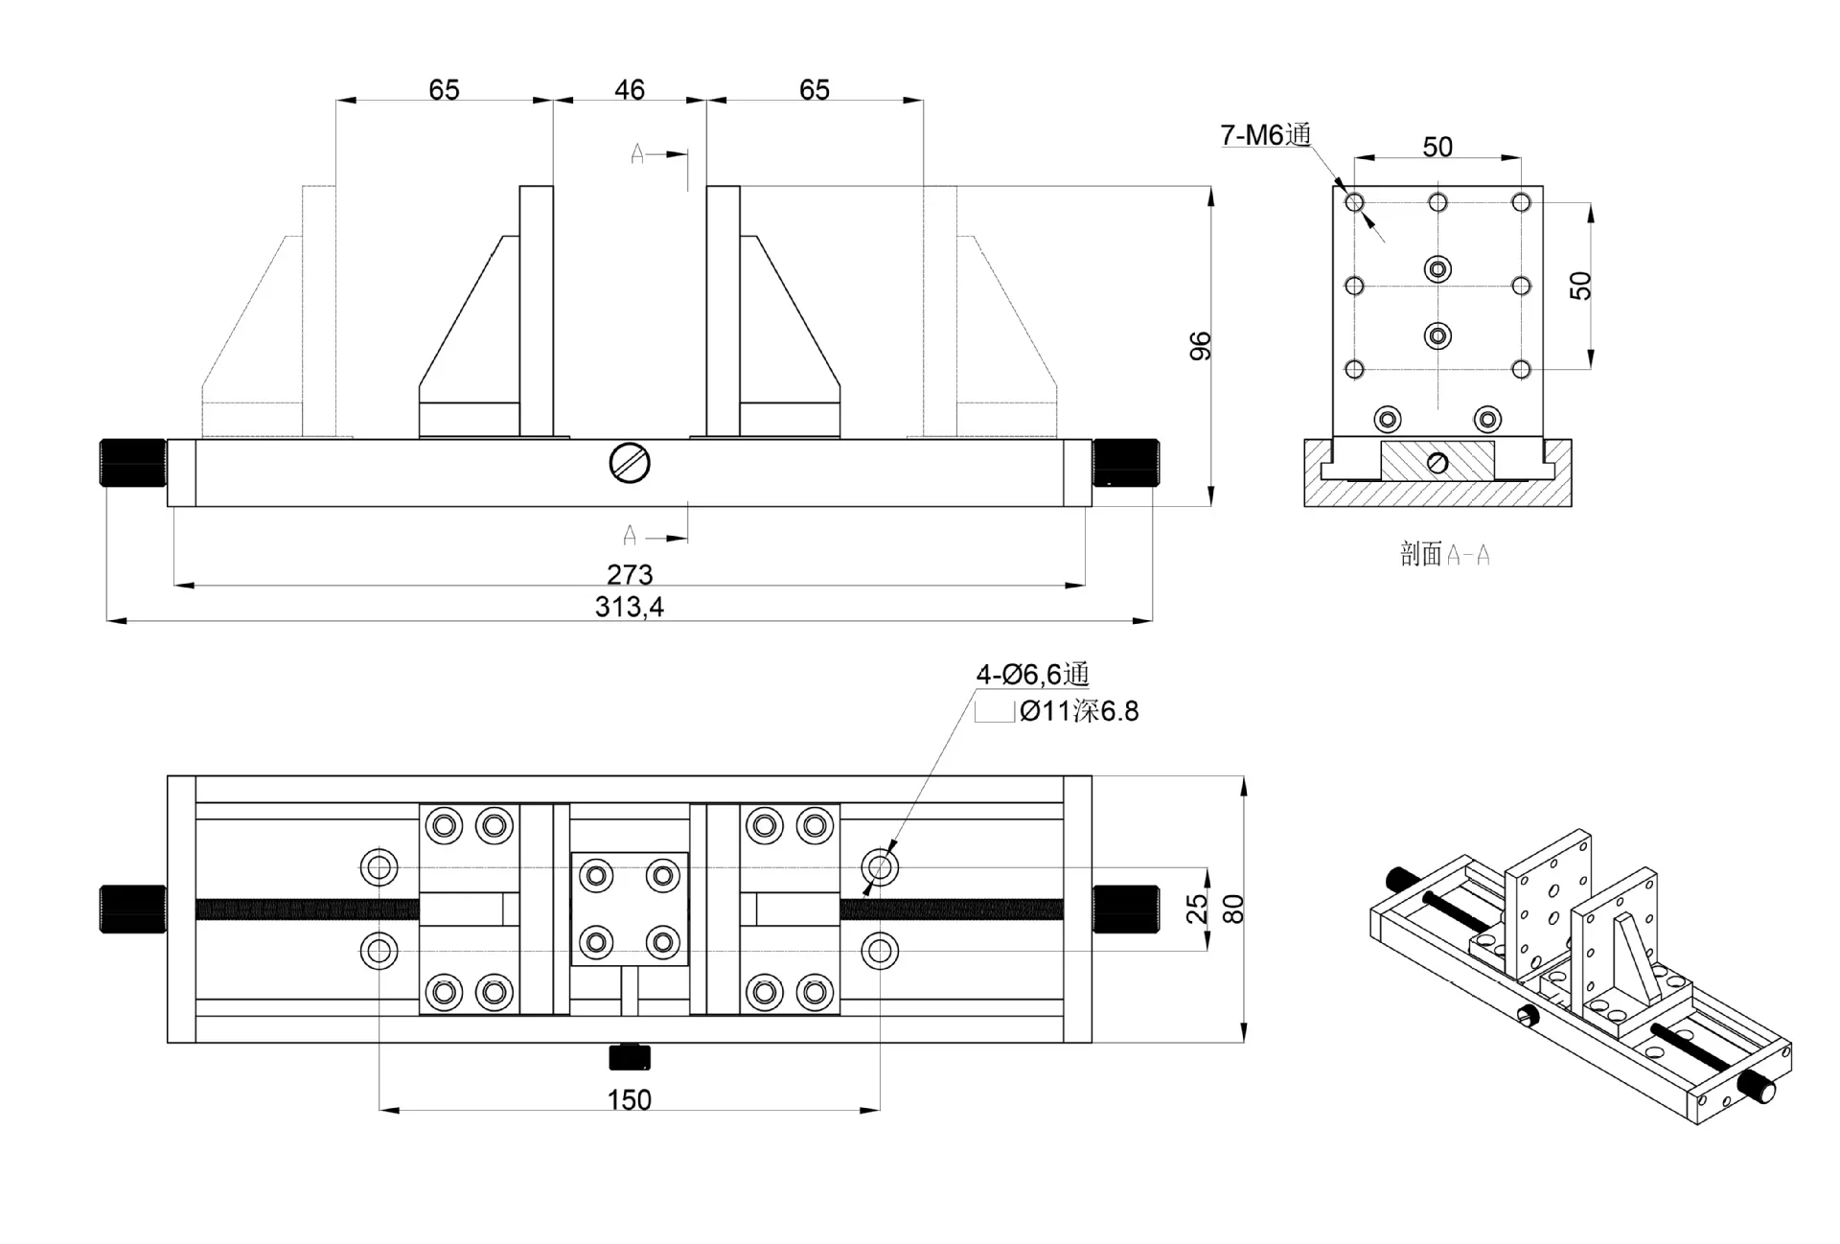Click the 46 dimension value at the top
(629, 90)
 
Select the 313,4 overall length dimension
(629, 608)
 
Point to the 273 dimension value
(629, 574)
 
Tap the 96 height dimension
(1200, 346)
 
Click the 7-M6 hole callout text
(1265, 135)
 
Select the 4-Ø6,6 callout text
(1032, 675)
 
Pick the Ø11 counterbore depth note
(1079, 711)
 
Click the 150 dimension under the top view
(629, 1099)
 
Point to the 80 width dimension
(1234, 909)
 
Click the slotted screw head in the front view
(630, 464)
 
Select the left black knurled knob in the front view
(133, 463)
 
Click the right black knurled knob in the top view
(1125, 910)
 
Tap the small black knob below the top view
(630, 1058)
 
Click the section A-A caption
(1444, 554)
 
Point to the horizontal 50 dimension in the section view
(1437, 147)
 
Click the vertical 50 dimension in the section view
(1580, 286)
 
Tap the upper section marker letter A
(637, 153)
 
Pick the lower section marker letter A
(630, 535)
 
